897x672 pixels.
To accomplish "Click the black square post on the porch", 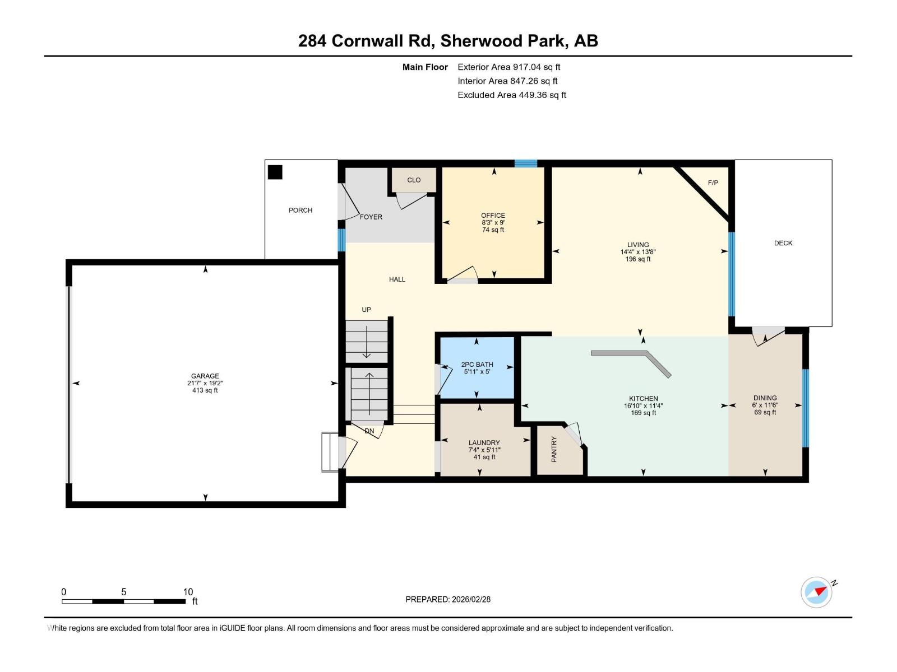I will (275, 172).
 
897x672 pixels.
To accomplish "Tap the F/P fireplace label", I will (713, 183).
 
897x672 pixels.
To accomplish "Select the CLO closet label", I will (414, 180).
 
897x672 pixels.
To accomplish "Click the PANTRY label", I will (554, 449).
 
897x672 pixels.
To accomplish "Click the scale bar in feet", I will (123, 601).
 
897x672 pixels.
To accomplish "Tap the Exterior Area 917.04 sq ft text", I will (508, 67).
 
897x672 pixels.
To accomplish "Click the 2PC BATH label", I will (477, 364).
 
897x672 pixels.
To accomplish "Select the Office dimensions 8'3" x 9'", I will (493, 222).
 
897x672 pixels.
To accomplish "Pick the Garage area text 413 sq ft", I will (205, 390).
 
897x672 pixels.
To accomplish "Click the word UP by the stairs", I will (366, 310).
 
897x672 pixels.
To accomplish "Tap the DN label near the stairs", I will (369, 431).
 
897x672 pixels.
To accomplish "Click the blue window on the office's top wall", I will (525, 164).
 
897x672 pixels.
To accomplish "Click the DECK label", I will (783, 243).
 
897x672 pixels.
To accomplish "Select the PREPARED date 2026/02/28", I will (448, 599).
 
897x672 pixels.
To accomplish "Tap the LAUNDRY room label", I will (484, 442).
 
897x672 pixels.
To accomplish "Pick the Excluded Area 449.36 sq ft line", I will (511, 95).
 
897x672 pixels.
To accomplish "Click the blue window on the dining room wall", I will (805, 408).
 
